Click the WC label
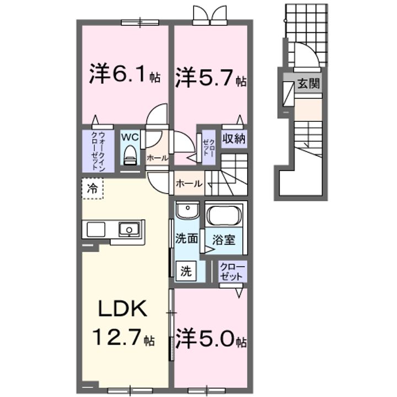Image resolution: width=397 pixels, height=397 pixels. pyautogui.click(x=130, y=136)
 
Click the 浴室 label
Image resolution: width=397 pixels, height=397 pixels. pyautogui.click(x=226, y=240)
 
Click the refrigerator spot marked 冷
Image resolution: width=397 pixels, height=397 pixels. pyautogui.click(x=92, y=188)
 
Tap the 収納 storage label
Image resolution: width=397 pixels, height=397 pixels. pyautogui.click(x=234, y=138)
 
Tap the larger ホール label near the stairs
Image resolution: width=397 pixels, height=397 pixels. pyautogui.click(x=189, y=184)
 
